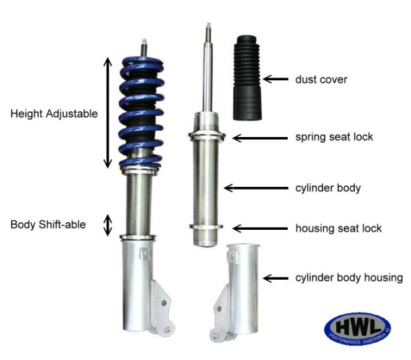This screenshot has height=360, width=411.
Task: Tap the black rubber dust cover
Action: [248, 76]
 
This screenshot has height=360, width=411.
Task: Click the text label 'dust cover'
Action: [321, 80]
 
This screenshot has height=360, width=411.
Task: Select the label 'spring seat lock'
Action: [334, 137]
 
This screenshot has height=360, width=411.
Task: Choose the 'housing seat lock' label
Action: [338, 228]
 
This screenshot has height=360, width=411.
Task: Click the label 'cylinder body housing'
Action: [349, 278]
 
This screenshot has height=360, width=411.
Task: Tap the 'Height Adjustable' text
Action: [55, 113]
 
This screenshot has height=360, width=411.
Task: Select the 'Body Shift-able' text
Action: [48, 224]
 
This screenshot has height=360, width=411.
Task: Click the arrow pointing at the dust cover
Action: [276, 80]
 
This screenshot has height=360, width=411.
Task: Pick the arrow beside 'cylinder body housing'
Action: [277, 278]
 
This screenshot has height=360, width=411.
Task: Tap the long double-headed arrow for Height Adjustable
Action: [107, 113]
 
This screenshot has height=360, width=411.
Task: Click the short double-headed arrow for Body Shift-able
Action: [107, 225]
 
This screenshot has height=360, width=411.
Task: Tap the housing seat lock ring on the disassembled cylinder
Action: [208, 227]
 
